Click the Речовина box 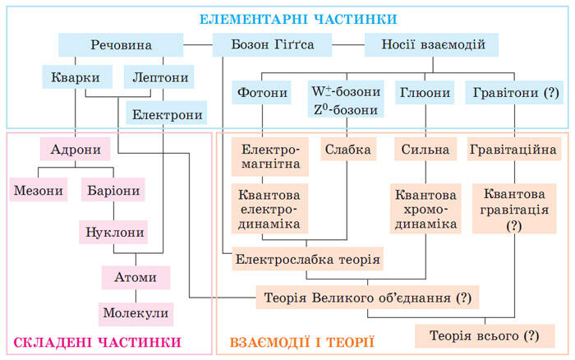[x=121, y=44]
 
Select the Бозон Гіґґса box [x=272, y=44]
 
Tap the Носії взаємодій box [x=431, y=44]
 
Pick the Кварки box [x=77, y=77]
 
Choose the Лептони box [x=159, y=77]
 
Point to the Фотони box [x=261, y=93]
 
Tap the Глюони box [x=425, y=93]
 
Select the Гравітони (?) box [x=514, y=93]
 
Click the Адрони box [x=76, y=149]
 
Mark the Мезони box [x=39, y=189]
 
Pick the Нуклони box [x=113, y=233]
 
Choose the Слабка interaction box [x=348, y=149]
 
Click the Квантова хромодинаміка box [x=425, y=209]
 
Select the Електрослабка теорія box [x=307, y=259]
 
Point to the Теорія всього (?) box [x=485, y=336]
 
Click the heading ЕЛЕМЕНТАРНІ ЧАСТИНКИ [x=298, y=19]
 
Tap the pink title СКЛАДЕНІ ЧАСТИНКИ [x=98, y=343]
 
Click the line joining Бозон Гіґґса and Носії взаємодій [x=348, y=44]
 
